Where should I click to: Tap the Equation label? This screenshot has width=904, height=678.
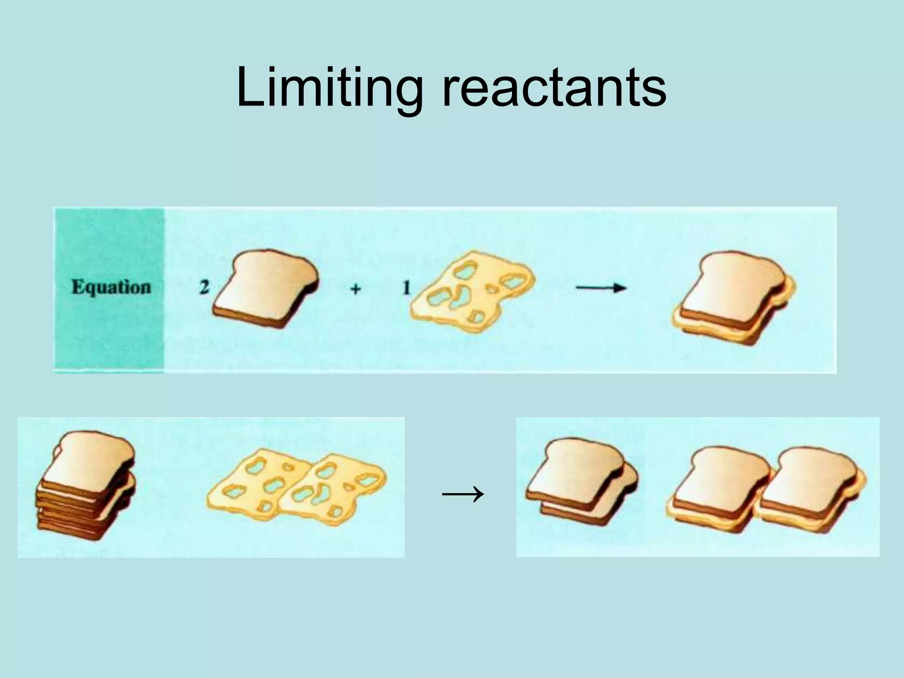click(x=111, y=287)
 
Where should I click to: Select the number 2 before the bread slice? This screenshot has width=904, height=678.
click(x=204, y=288)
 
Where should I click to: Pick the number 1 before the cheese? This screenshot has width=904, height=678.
click(x=406, y=288)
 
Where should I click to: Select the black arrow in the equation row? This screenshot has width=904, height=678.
click(x=601, y=288)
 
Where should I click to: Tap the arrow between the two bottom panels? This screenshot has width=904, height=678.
click(x=462, y=494)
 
